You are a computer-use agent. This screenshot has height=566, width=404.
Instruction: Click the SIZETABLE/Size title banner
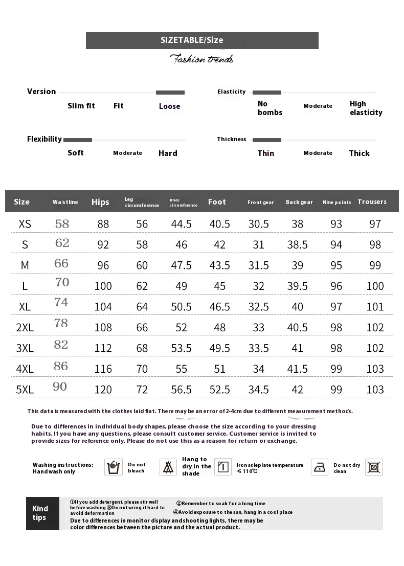[202, 40]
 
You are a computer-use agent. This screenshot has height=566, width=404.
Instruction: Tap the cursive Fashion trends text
[201, 59]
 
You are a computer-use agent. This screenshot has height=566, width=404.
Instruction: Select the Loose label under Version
[169, 106]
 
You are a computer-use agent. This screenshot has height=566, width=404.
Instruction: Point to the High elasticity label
[366, 108]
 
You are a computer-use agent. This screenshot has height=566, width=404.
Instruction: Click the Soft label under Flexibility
[76, 153]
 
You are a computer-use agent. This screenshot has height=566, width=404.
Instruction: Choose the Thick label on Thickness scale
[359, 153]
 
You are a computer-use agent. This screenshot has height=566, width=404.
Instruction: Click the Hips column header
[100, 202]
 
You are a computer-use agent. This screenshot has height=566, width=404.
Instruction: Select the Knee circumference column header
[183, 202]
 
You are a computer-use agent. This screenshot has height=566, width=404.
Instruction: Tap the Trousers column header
[372, 202]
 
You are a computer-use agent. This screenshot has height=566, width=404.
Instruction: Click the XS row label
[25, 224]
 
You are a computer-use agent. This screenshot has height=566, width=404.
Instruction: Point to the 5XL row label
[25, 390]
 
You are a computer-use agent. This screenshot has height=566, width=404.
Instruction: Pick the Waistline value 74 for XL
[61, 302]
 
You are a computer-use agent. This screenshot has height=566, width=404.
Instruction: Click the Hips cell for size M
[103, 265]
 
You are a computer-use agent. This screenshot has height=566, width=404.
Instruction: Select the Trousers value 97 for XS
[375, 224]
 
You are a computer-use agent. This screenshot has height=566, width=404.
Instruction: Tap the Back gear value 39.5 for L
[297, 286]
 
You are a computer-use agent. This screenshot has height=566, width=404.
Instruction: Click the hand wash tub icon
[114, 467]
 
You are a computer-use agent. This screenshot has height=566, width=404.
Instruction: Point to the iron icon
[320, 467]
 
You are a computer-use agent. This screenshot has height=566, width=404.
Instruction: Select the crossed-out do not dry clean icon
[374, 467]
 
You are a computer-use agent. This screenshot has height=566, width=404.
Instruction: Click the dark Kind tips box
[42, 513]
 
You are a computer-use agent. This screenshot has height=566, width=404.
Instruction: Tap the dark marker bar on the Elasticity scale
[266, 93]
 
